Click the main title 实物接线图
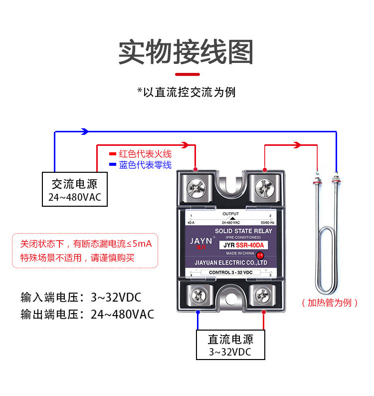pos(186,52)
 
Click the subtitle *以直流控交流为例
pos(186,92)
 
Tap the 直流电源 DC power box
pos(230,345)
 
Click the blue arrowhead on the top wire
pos(85,131)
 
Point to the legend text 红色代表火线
pos(145,154)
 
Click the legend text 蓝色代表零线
pos(145,165)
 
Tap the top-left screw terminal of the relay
pos(196,188)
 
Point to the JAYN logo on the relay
pos(201,241)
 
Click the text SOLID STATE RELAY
pos(243,231)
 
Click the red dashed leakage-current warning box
pos(85,251)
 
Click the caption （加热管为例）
pos(330,303)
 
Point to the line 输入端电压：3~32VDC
pos(81,298)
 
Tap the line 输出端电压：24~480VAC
pos(87,315)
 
